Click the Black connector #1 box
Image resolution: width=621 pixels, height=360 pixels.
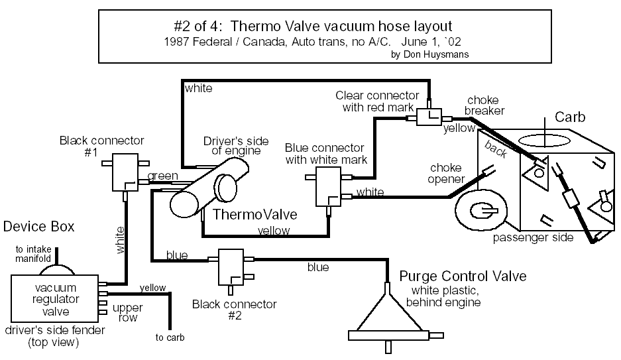coord(124,172)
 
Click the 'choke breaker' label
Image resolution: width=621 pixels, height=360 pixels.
coord(485,105)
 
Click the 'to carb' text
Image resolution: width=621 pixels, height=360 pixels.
coord(170,337)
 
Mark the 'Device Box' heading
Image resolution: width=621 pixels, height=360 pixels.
coord(39,227)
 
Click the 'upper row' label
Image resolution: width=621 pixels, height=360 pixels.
coord(127,312)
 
